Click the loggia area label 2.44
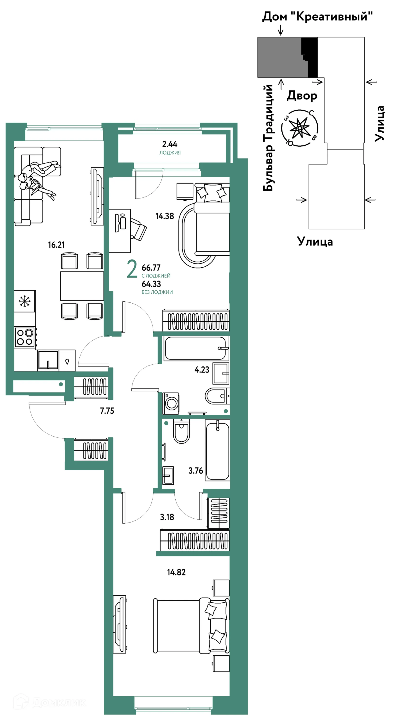[170, 144]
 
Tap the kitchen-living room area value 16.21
[56, 245]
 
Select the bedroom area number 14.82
[176, 572]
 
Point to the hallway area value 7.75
[107, 411]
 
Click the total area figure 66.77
[151, 268]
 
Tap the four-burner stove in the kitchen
[25, 337]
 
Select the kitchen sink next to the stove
[48, 360]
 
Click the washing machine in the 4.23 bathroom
[171, 403]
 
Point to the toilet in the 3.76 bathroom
[181, 431]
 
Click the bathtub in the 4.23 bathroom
[196, 348]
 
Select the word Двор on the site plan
[302, 96]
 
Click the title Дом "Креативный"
[317, 17]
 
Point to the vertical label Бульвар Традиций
[268, 138]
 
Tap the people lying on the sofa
[38, 179]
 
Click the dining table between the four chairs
[82, 286]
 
